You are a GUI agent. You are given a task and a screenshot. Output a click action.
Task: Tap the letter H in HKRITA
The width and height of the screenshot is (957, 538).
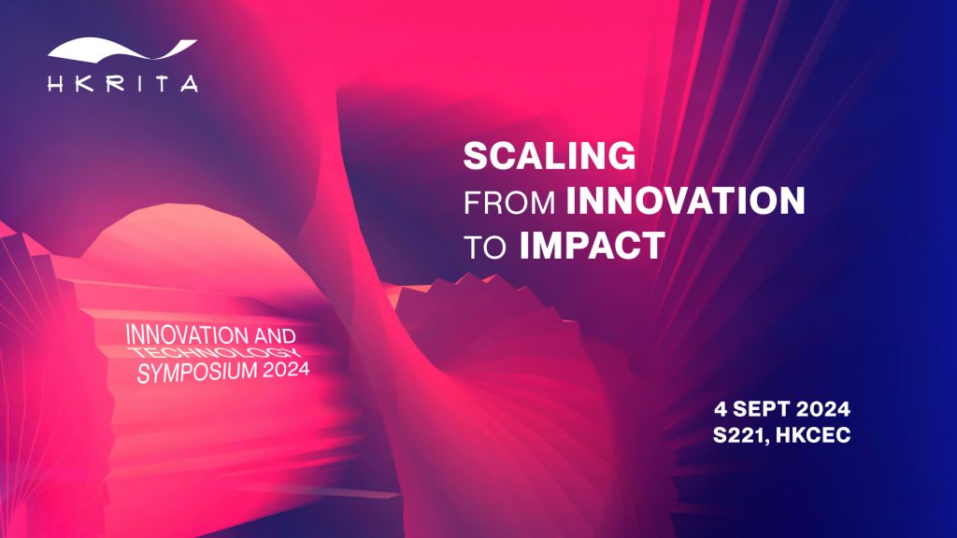point(56,83)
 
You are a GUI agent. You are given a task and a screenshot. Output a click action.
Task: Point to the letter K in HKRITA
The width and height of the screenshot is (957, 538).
point(85,83)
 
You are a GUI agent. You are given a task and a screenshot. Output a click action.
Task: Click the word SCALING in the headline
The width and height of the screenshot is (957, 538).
point(550,156)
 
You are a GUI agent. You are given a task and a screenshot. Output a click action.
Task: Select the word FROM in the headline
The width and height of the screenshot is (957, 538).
point(509,203)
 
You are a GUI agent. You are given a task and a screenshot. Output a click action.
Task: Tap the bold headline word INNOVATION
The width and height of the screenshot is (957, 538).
point(685,201)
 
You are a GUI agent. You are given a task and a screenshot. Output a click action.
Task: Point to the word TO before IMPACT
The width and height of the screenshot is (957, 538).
point(485,248)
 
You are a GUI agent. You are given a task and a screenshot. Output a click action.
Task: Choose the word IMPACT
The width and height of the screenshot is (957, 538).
point(592,246)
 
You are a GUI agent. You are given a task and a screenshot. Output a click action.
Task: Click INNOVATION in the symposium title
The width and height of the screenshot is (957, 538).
point(187,334)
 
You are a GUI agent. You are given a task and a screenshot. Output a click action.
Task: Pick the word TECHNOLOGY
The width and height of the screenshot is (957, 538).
point(216,352)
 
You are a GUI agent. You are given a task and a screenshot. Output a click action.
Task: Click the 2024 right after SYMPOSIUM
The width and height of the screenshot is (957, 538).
point(286,369)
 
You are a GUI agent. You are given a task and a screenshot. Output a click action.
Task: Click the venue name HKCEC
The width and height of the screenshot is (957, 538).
point(814,435)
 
